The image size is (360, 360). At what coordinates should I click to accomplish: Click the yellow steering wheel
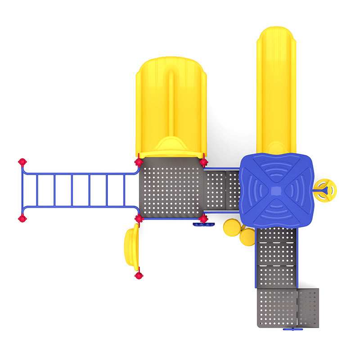pos(325,190)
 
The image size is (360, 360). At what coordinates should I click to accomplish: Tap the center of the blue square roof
pos(276,190)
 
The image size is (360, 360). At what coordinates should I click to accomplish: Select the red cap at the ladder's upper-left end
pos(22,162)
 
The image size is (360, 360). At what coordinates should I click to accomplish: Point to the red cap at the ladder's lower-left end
pos(22,218)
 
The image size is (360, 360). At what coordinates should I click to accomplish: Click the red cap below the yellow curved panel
pos(139,275)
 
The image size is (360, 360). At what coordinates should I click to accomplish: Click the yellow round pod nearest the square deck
pos(232,228)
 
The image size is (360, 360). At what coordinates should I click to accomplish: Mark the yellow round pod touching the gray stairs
pos(247,237)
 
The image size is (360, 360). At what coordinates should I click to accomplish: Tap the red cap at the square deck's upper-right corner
pos(203,162)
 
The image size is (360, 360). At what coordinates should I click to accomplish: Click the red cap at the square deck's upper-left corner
pos(139,162)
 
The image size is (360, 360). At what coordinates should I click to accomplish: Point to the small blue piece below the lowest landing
pos(292,329)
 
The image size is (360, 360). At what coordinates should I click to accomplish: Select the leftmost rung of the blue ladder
pos(37,190)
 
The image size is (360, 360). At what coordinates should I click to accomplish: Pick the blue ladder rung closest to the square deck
pos(124,190)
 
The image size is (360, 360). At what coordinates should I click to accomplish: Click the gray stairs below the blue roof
pos(276,256)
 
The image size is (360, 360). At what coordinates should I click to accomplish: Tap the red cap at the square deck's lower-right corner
pos(203,219)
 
